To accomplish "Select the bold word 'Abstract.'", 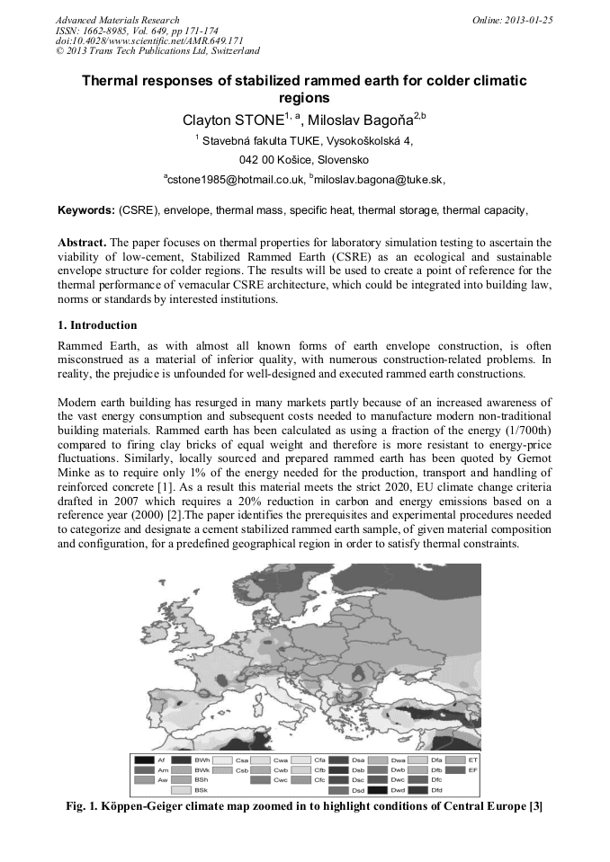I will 84,244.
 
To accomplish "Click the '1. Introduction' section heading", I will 97,325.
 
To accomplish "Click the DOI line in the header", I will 138,40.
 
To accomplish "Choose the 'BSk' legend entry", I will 202,790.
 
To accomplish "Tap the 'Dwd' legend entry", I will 399,790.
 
